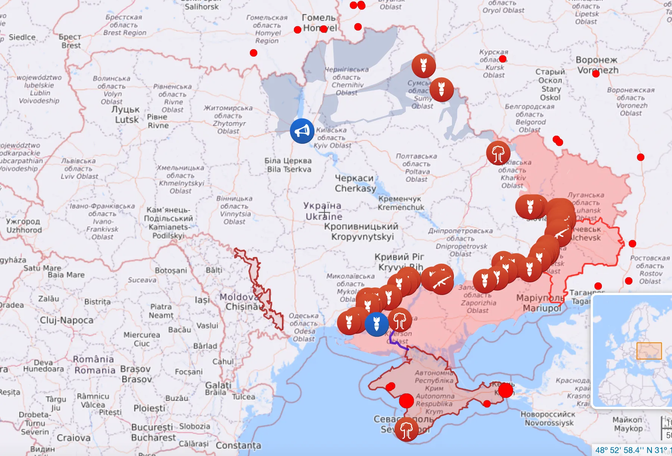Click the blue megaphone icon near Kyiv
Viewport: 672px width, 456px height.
(302, 131)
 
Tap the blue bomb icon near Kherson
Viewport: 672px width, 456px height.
(377, 324)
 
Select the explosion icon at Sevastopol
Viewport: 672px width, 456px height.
(406, 430)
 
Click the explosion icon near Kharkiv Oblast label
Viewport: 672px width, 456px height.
(498, 153)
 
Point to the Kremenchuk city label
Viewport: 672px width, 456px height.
(401, 203)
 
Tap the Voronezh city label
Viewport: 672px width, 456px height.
(597, 65)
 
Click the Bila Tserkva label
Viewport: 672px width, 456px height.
(288, 165)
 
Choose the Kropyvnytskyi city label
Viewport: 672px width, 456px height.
(361, 231)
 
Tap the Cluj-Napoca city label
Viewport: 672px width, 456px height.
(67, 320)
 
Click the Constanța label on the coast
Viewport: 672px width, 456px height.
(238, 445)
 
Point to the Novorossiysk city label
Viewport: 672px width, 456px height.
(548, 418)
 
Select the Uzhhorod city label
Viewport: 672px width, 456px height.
(23, 225)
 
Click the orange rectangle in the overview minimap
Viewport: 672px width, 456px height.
(649, 351)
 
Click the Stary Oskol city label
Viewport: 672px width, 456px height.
(550, 85)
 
